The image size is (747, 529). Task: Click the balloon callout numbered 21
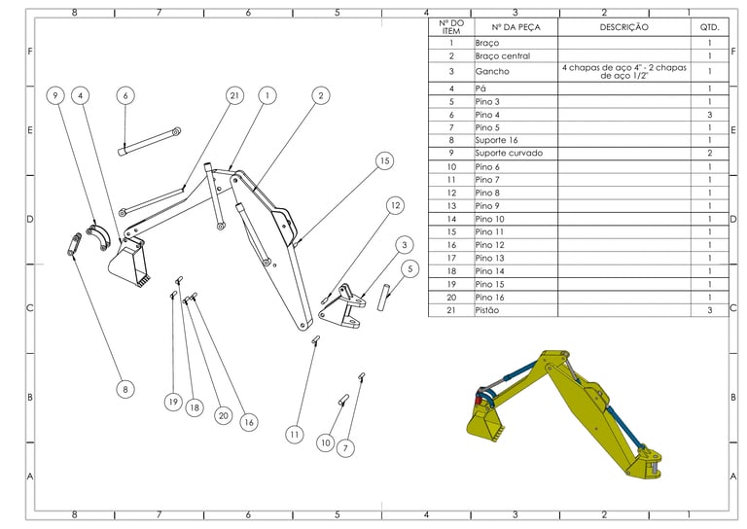pos(234,95)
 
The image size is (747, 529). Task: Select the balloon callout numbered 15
pos(384,161)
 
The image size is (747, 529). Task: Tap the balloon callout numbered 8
pos(125,390)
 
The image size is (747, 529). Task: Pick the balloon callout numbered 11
pos(295,435)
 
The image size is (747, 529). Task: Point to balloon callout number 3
pos(405,245)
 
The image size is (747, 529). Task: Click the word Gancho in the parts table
pos(492,71)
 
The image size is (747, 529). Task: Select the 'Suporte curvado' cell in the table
pos(509,154)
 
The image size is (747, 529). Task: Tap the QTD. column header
pos(709,27)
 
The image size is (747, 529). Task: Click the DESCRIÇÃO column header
pos(624,27)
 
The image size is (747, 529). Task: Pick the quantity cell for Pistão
pos(710,310)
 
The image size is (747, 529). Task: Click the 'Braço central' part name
pos(503,56)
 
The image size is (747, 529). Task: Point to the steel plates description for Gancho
pos(624,71)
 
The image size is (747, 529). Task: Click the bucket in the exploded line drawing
pos(128,264)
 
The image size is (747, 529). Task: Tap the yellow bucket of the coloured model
pos(485,421)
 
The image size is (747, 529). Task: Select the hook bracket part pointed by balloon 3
pos(342,307)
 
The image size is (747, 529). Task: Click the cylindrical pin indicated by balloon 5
pos(383,297)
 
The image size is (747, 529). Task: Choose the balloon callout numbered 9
pos(55,95)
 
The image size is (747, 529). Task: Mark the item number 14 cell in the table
pos(451,219)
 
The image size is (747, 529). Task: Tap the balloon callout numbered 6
pos(125,95)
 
